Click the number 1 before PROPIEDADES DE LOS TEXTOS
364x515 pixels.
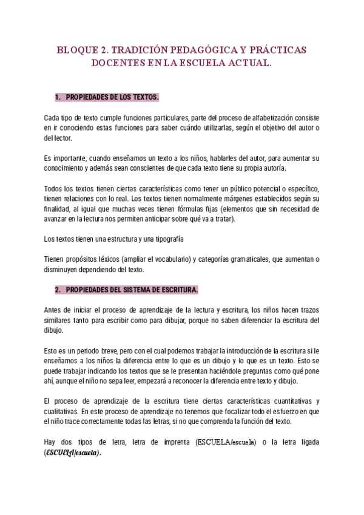tap(57, 97)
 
